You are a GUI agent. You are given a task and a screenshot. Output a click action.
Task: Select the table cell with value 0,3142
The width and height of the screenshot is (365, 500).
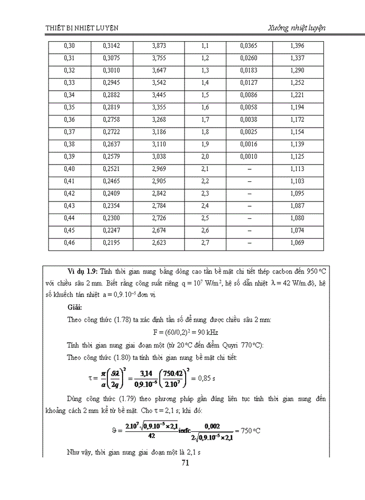pos(112,46)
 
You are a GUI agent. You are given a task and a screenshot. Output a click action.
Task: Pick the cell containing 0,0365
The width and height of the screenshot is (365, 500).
pos(249,46)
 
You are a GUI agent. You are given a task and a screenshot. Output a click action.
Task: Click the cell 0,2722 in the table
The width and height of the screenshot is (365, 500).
pos(112,132)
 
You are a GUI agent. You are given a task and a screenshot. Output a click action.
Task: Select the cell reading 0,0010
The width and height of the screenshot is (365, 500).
pos(249,156)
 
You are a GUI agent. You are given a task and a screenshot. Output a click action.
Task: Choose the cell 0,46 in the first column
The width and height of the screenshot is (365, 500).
pos(69,242)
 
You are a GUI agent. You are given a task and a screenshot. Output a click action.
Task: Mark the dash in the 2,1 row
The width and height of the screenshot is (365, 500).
pos(249,169)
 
